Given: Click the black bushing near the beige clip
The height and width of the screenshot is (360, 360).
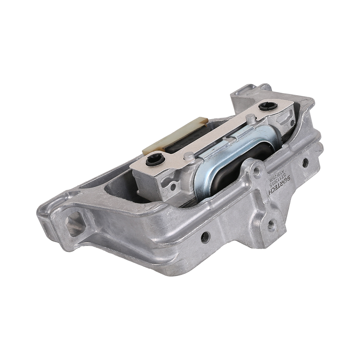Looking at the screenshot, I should (155, 159).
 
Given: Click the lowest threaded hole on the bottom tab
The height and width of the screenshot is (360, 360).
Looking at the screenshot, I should (271, 225).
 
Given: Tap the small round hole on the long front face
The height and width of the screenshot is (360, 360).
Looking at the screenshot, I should (205, 237).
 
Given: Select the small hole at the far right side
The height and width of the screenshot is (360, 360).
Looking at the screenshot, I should (305, 163).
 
